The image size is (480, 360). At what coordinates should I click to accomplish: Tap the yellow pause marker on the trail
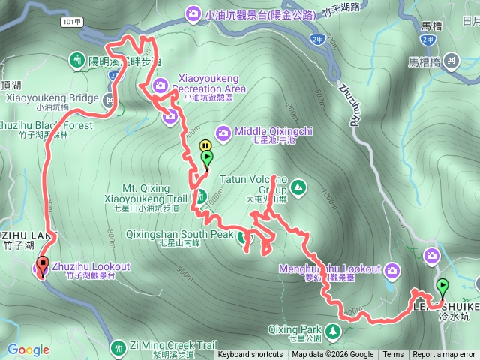coord(205,145)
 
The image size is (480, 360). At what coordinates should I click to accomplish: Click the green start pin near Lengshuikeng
coord(442,286)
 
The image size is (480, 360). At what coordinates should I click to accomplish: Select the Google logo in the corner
coord(28,349)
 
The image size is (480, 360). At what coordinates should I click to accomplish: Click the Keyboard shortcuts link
coord(250,355)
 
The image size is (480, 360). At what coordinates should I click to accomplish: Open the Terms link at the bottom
coord(393,355)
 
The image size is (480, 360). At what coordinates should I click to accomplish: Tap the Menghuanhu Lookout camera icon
coord(392,268)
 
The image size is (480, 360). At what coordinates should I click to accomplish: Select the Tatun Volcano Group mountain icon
coord(298,185)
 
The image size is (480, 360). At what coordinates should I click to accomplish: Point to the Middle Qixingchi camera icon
coord(224,131)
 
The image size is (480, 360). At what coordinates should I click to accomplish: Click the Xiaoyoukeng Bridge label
coord(52,97)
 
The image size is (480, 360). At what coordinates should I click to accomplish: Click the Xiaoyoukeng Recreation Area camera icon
coord(160,86)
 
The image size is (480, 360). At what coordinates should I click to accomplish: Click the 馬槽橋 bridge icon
coord(451,58)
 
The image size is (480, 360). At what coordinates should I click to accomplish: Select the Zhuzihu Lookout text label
coord(91,266)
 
